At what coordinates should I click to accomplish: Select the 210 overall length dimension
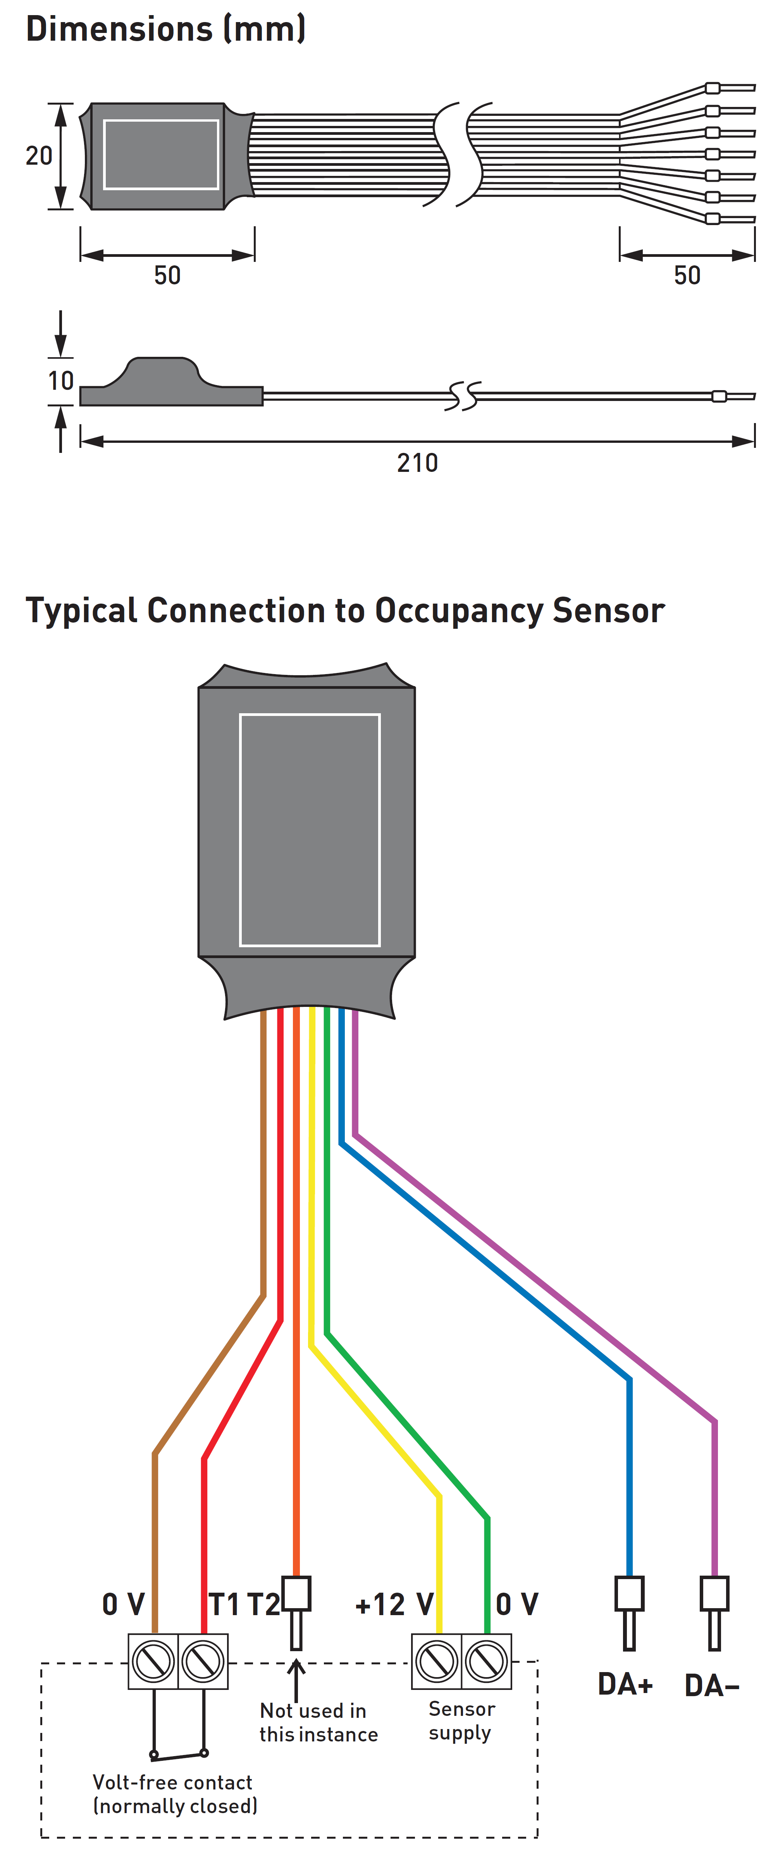point(417,463)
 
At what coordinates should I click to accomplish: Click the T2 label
point(263,1605)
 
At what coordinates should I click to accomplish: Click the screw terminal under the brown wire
point(153,1661)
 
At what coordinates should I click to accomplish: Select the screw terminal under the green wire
point(486,1661)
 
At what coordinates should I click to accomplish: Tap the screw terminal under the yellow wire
point(437,1661)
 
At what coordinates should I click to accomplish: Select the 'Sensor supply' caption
point(461,1721)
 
